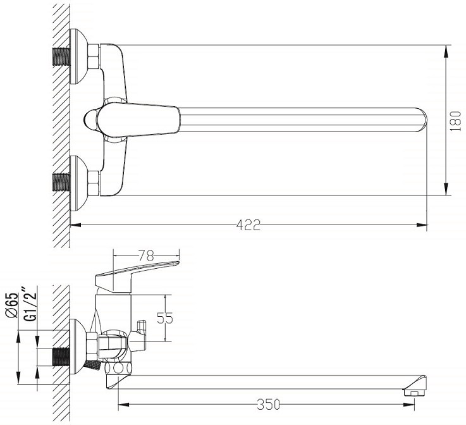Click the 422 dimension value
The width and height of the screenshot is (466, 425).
pos(248,225)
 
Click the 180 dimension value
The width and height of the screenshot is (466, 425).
pos(456,121)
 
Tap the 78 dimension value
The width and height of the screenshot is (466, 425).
pos(146,255)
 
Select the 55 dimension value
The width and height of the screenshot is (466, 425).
pos(164,318)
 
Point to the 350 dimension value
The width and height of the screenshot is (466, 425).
pos(268,405)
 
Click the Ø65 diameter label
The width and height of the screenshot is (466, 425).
pos(11,305)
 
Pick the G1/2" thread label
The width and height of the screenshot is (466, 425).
pos(30,303)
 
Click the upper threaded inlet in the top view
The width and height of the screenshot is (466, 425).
pos(61,56)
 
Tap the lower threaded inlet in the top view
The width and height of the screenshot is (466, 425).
pos(61,182)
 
